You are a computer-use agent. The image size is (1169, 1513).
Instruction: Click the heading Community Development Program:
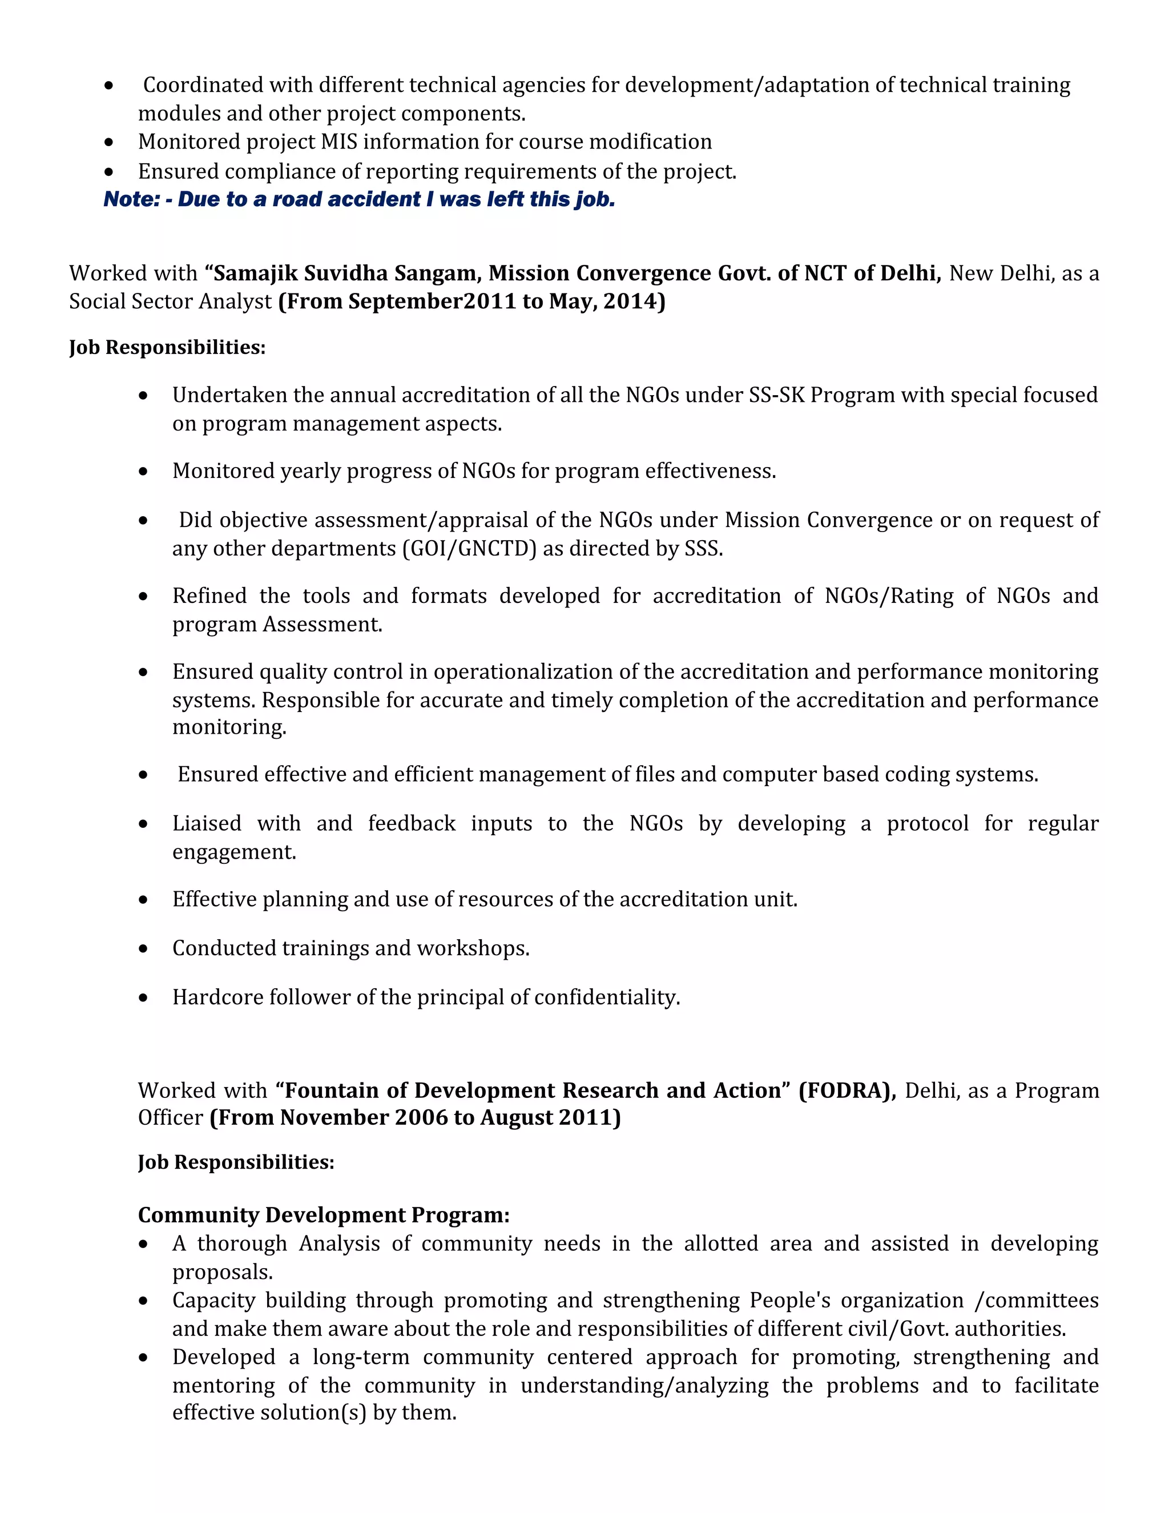324,1215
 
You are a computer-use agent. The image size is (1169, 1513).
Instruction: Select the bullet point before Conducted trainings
143,948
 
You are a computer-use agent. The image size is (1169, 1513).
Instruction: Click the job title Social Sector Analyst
170,302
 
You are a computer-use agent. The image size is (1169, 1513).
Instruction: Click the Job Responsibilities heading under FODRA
236,1162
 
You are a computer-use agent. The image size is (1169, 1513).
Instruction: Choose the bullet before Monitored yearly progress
143,472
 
